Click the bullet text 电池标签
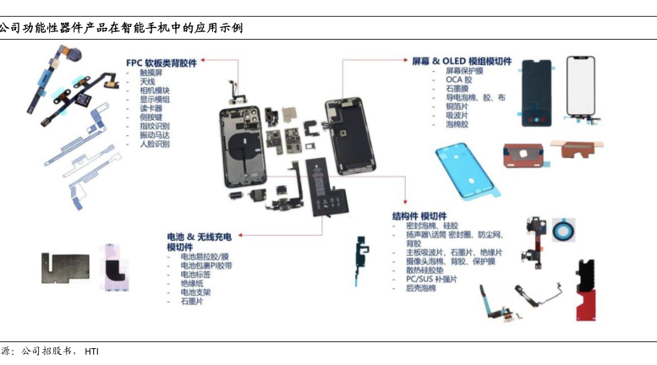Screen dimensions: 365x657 click(195, 274)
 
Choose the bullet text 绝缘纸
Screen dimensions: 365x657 click(192, 283)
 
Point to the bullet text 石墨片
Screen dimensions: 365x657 click(192, 301)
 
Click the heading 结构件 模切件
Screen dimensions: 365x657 click(419, 216)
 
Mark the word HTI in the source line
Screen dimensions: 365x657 click(91, 351)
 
